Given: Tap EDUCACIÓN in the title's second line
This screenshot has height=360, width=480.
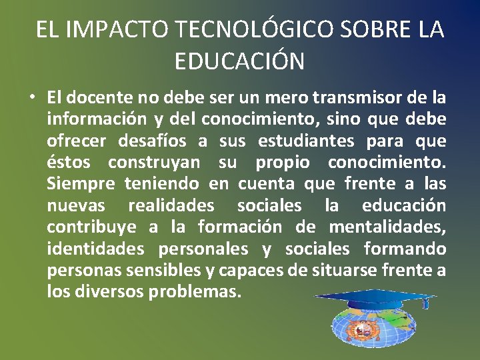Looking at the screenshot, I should pos(239,61).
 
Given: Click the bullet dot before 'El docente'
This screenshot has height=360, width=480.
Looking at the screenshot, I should pos(32,98).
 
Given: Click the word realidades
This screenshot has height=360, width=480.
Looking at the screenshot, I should pos(171,205).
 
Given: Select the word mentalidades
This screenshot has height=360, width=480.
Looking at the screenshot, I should pos(387,227).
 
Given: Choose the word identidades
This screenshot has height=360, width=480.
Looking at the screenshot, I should pos(95,249).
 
